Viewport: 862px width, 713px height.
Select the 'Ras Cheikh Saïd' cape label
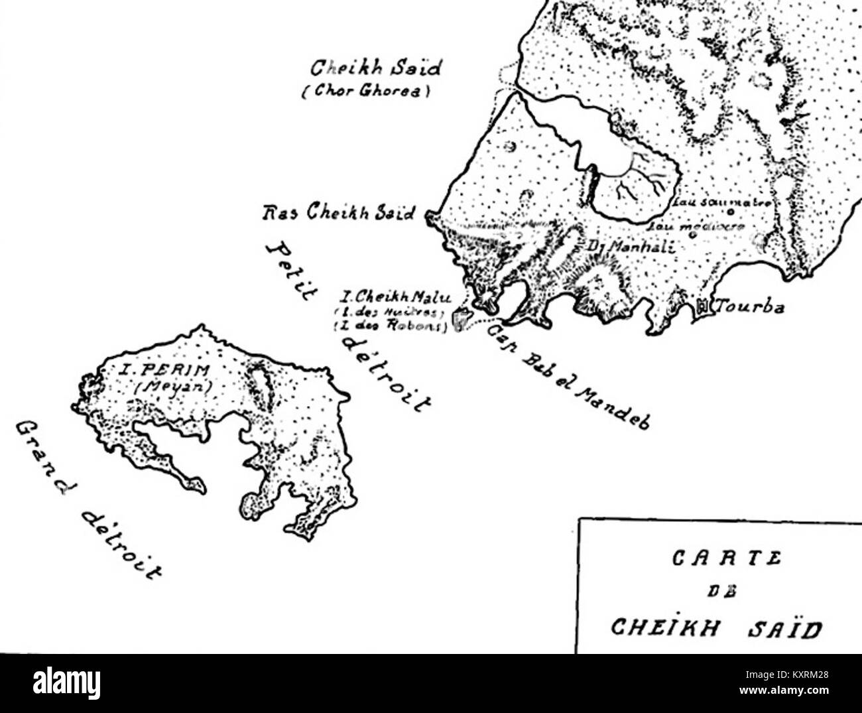click(339, 214)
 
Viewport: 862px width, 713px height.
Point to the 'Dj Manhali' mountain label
click(631, 246)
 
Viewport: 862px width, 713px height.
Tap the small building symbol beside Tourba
click(702, 306)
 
